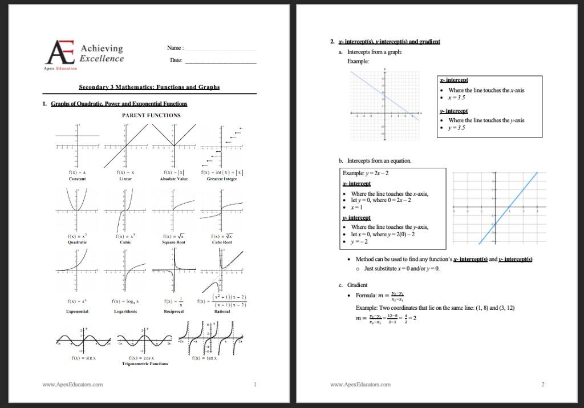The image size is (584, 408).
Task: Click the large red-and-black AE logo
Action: (x=59, y=53)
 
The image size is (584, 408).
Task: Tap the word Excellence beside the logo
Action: (x=102, y=58)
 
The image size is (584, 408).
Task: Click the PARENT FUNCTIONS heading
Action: (x=151, y=115)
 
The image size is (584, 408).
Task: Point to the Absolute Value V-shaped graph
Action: (x=173, y=145)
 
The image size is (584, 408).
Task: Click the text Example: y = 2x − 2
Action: (x=366, y=173)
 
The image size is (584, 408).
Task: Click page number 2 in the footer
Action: (x=542, y=385)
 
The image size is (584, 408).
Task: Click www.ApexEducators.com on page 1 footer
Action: (x=72, y=385)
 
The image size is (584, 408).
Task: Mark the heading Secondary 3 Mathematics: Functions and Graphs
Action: (x=149, y=87)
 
